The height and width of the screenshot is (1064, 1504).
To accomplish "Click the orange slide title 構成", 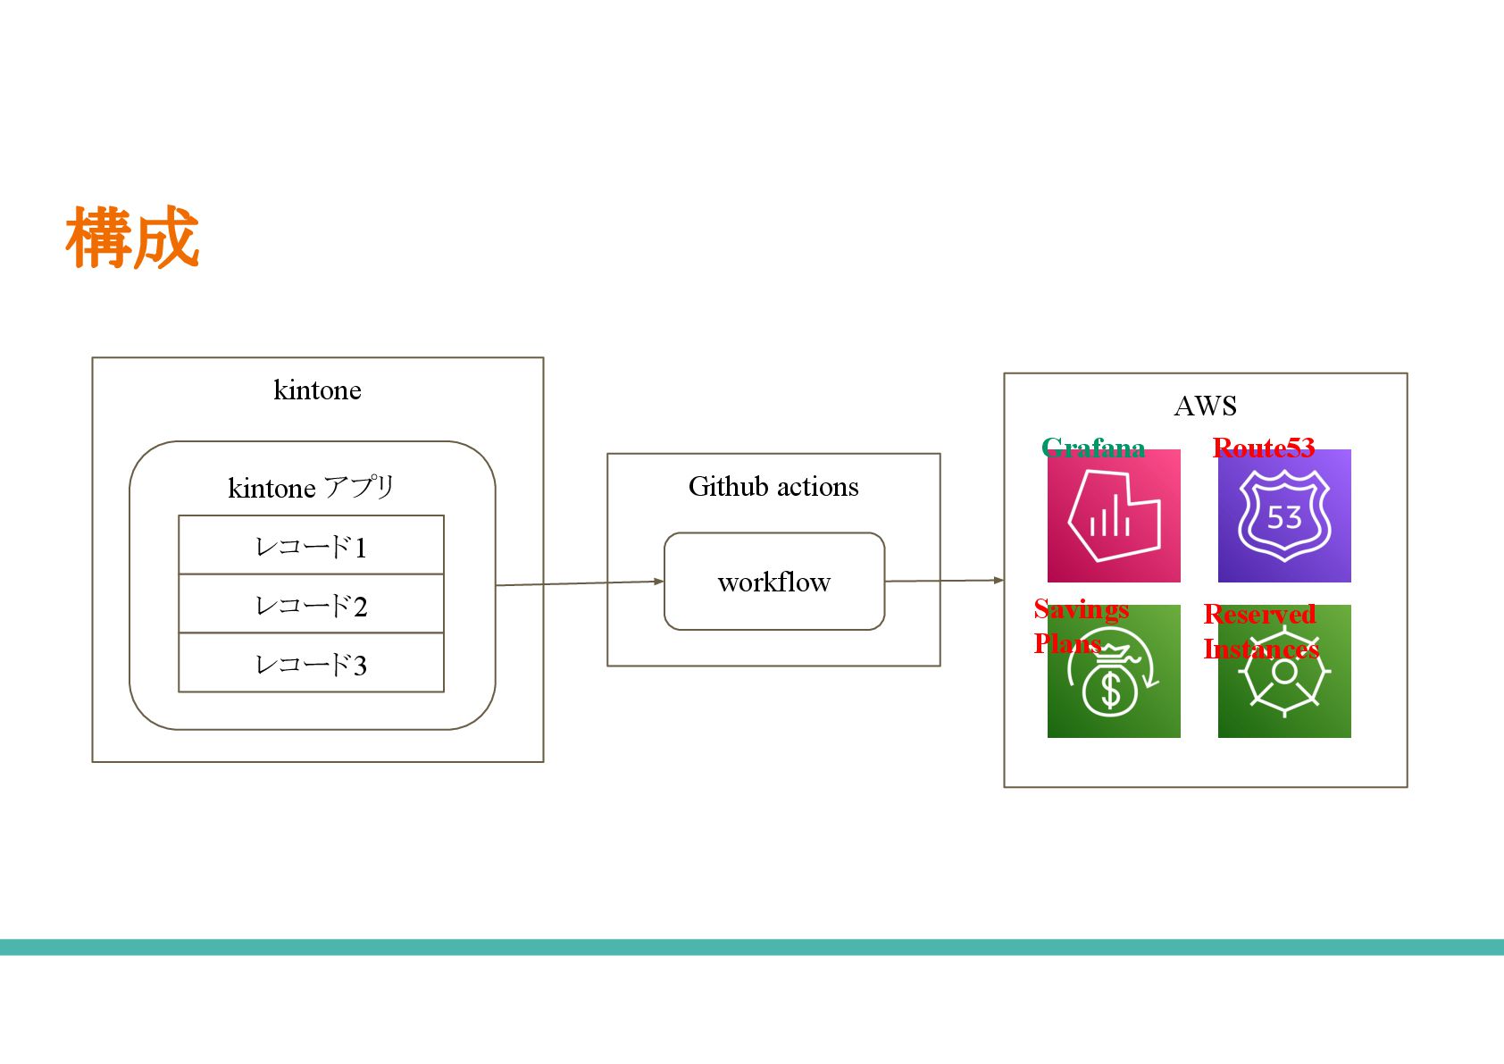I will pyautogui.click(x=132, y=238).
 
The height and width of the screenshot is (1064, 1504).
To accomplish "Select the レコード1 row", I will pyautogui.click(x=311, y=545).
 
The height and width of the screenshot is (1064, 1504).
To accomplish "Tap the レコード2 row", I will pyautogui.click(x=311, y=604).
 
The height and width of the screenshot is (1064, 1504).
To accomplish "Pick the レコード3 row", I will pyautogui.click(x=311, y=663).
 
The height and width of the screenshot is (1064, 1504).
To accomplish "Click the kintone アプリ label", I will pyautogui.click(x=311, y=488).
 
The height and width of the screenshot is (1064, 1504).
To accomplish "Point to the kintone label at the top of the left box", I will pyautogui.click(x=317, y=390).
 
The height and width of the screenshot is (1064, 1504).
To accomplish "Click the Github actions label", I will pyautogui.click(x=773, y=487).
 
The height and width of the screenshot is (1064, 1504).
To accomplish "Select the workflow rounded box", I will pyautogui.click(x=773, y=582).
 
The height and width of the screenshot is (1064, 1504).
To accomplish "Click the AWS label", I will pyautogui.click(x=1205, y=406).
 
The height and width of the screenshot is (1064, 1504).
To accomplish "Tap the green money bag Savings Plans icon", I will pyautogui.click(x=1114, y=683).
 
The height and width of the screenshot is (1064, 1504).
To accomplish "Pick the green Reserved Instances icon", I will pyautogui.click(x=1284, y=683).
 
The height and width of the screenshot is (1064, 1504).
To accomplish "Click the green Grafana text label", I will pyautogui.click(x=1093, y=447).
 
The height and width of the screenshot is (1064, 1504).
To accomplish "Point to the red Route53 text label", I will pyautogui.click(x=1264, y=447).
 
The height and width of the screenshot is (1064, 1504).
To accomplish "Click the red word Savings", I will pyautogui.click(x=1082, y=609).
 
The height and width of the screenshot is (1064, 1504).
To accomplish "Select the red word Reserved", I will pyautogui.click(x=1259, y=615).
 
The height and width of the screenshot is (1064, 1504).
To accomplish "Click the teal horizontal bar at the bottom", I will pyautogui.click(x=752, y=947).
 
